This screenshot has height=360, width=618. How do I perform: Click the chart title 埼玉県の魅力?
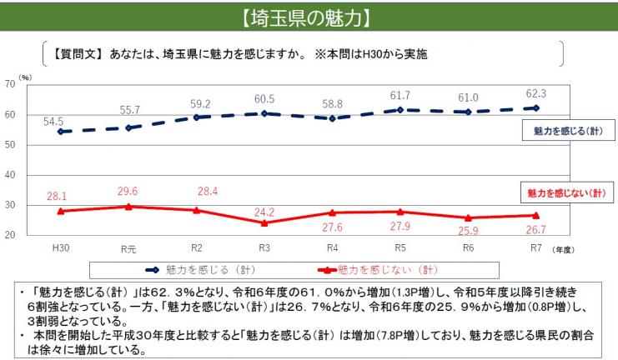(309, 16)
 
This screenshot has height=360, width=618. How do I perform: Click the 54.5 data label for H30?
(53, 121)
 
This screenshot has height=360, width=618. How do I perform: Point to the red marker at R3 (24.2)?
(264, 222)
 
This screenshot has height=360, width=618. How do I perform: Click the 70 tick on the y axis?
(10, 84)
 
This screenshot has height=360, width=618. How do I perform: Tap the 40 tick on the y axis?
(10, 175)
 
